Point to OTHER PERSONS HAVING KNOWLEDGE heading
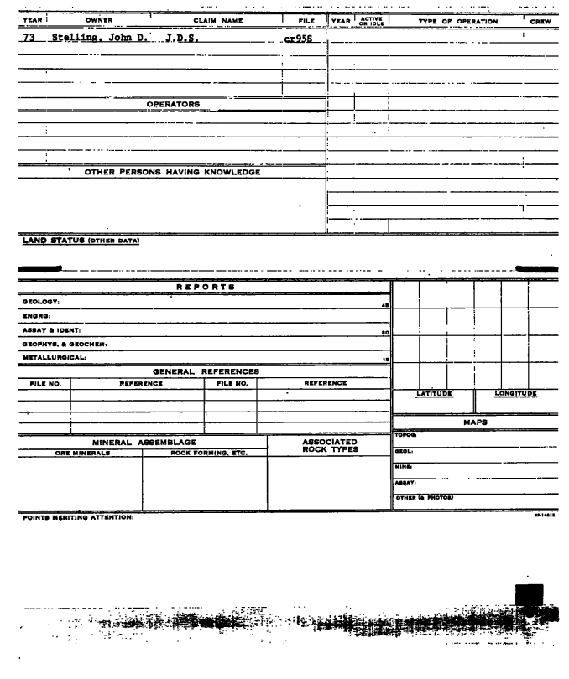click(172, 173)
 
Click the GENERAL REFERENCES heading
click(206, 371)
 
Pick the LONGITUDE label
click(515, 393)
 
